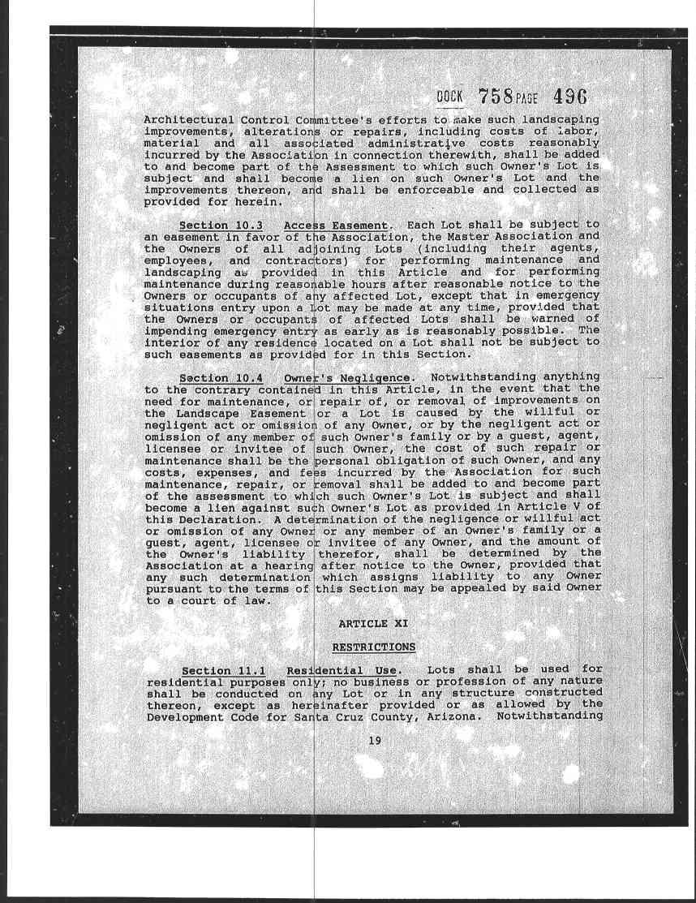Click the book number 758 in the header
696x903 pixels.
[x=492, y=97]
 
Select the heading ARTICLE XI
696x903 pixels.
[x=373, y=623]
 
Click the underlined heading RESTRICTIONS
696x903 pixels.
[x=373, y=647]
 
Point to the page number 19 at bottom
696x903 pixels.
[x=374, y=740]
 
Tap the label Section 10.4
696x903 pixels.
[x=215, y=377]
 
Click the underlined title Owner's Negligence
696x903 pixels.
[x=347, y=377]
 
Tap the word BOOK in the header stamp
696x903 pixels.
[x=449, y=97]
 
